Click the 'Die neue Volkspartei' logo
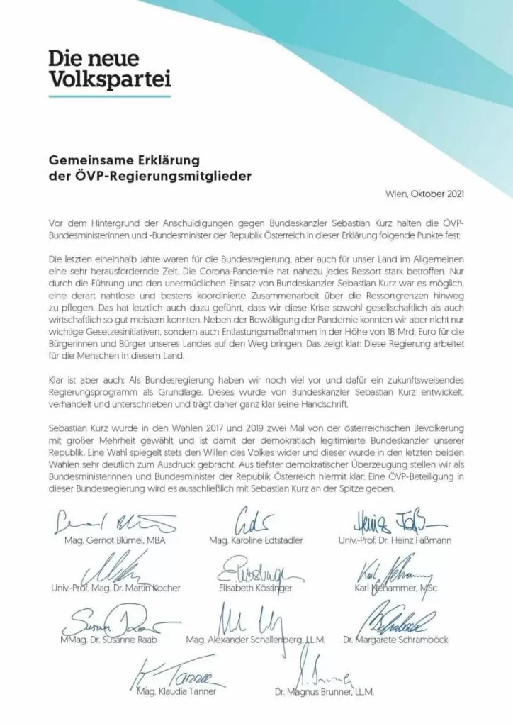tap(109, 70)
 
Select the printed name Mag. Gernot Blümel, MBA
tap(103, 540)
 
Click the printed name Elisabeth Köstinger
tap(256, 588)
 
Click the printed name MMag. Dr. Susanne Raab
tap(105, 639)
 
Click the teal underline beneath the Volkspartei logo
tap(109, 95)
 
